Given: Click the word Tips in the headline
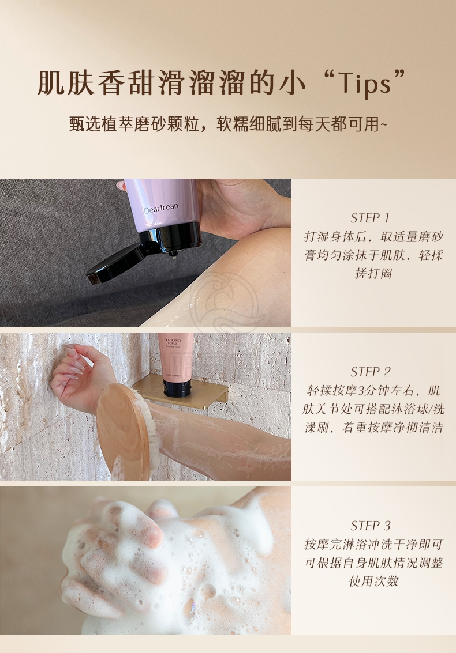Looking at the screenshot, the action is [x=364, y=83].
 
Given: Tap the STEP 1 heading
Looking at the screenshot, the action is [x=370, y=218].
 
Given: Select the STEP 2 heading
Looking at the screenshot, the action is [x=371, y=372].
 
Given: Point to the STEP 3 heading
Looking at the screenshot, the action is [x=371, y=526].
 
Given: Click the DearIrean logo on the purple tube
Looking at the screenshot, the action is [x=161, y=208].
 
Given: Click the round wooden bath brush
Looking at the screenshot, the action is [x=124, y=431].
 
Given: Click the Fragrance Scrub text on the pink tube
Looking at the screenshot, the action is [x=173, y=343].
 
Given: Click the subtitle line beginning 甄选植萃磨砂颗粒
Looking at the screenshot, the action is [x=228, y=124].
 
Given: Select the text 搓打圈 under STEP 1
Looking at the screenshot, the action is [x=373, y=273].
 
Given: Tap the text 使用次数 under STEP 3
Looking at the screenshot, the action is [x=373, y=580].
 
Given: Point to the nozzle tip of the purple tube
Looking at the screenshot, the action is [x=173, y=253].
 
